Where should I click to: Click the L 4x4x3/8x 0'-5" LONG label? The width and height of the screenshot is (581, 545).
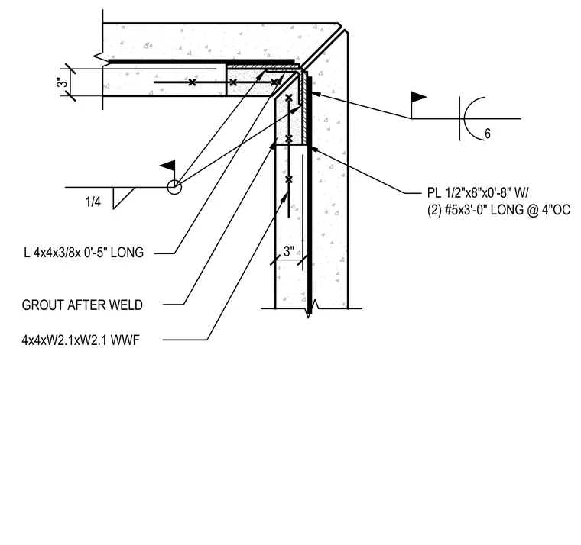[x=84, y=253]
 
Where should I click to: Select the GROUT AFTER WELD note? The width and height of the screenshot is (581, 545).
[x=83, y=305]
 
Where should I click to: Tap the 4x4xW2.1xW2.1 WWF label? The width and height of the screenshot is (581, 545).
[x=80, y=340]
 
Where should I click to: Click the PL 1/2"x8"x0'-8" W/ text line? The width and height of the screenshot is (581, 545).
[x=478, y=193]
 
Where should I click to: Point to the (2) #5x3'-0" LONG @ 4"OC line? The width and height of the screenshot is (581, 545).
[x=498, y=210]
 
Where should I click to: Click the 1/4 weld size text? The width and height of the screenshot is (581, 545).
[x=93, y=202]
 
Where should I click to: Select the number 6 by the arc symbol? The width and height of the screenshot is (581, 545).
[x=488, y=134]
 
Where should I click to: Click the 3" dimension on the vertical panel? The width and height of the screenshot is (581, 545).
[x=289, y=252]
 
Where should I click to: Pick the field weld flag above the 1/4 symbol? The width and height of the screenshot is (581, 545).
[x=167, y=166]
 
